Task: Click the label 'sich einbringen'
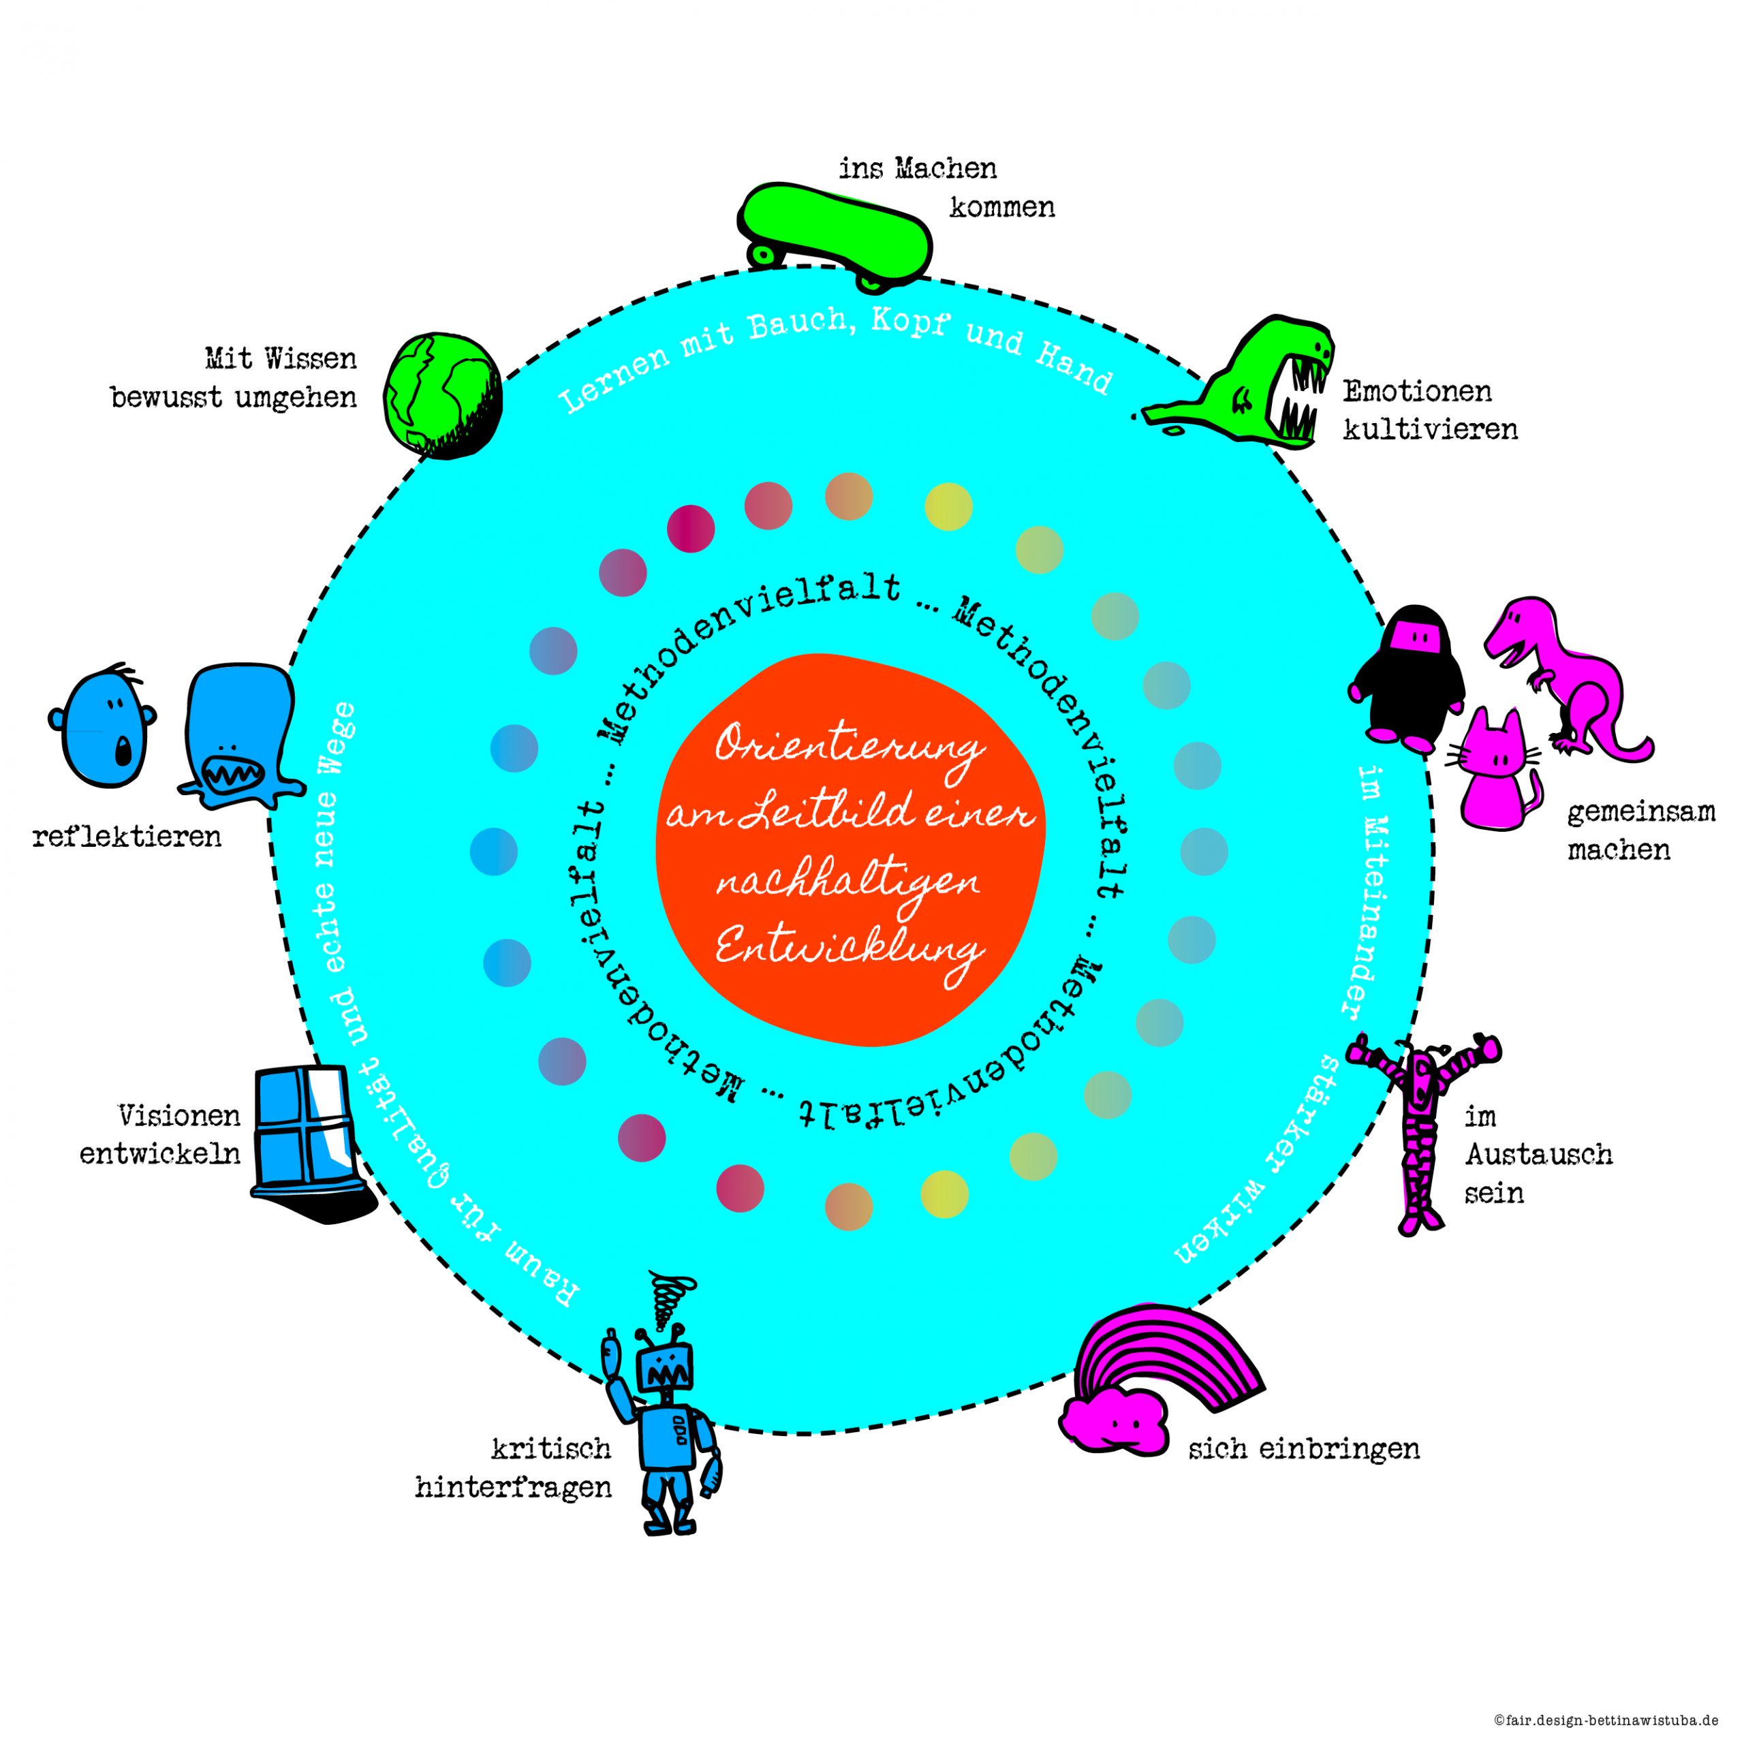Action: (x=1303, y=1450)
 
